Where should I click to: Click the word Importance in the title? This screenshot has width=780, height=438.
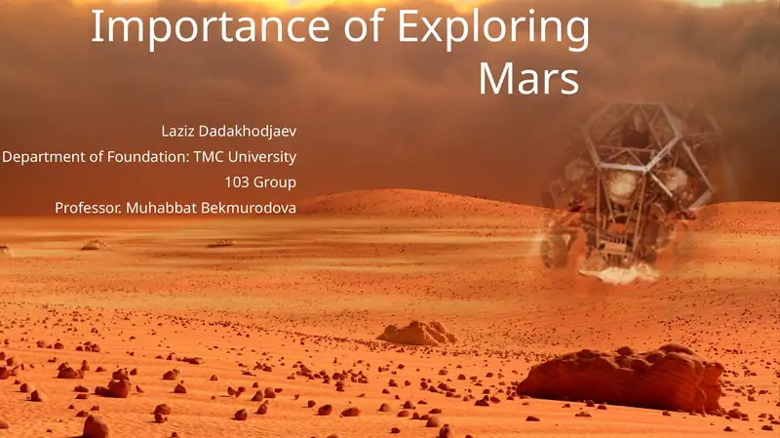210,26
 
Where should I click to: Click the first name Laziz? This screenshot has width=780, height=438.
177,131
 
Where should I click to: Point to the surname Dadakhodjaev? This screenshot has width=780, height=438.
248,132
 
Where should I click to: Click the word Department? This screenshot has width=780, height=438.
44,157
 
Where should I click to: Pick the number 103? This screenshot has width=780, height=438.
236,182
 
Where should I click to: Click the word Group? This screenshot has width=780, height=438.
274,183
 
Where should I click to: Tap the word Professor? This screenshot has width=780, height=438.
88,208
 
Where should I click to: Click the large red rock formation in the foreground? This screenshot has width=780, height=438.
621,378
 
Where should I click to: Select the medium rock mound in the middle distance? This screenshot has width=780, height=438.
417,333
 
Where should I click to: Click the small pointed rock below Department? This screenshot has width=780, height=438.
94,245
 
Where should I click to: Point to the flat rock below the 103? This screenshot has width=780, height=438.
221,244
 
